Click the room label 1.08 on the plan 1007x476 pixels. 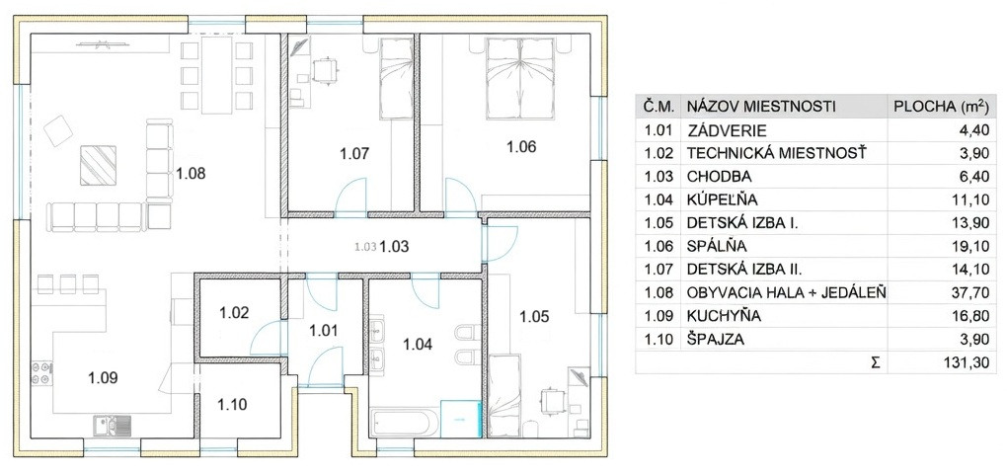point(192,174)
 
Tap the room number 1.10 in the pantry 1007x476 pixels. point(232,405)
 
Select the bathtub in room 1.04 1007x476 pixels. point(405,422)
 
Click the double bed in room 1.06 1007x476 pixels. point(520,79)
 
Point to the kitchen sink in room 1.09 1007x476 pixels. point(113,424)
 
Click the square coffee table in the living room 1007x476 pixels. point(99,165)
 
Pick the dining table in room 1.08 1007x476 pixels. point(216,74)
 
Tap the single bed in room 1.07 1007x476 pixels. point(395,78)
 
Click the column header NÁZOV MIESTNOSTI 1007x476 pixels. point(761,107)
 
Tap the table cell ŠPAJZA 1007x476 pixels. point(716,340)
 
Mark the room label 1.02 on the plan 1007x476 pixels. point(234,313)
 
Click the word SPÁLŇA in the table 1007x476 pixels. point(717,247)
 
